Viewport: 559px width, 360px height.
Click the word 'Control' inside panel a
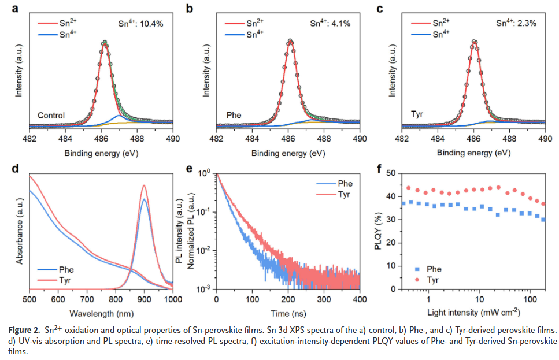pos(51,115)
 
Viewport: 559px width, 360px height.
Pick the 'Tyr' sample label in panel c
pos(417,115)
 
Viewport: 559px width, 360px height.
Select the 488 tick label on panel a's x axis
pos(138,139)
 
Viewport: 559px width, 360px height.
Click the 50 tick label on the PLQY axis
pos(392,173)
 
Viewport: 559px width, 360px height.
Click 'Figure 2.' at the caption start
pos(24,329)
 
